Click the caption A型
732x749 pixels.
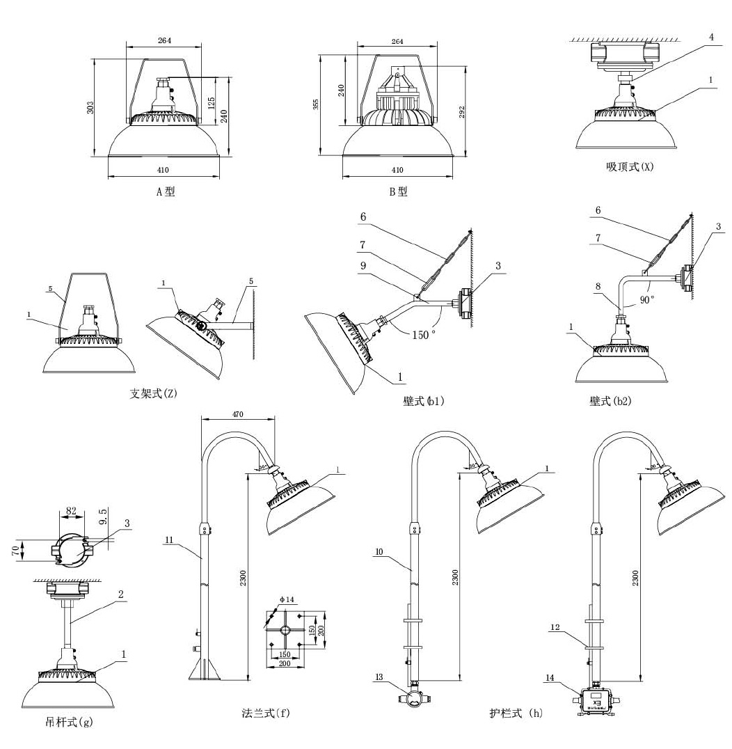(x=166, y=191)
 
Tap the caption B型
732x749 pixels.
(x=399, y=191)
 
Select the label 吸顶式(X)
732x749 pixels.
(x=630, y=167)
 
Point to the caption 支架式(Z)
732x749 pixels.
(x=154, y=394)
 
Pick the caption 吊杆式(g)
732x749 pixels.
(x=67, y=722)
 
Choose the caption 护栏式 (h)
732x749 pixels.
(x=515, y=713)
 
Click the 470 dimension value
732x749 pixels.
(x=237, y=413)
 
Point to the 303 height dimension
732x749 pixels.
(x=91, y=108)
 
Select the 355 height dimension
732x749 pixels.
(x=316, y=105)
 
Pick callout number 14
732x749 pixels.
(x=550, y=677)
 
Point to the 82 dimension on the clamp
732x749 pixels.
(x=71, y=511)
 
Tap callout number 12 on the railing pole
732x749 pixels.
(x=555, y=627)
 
